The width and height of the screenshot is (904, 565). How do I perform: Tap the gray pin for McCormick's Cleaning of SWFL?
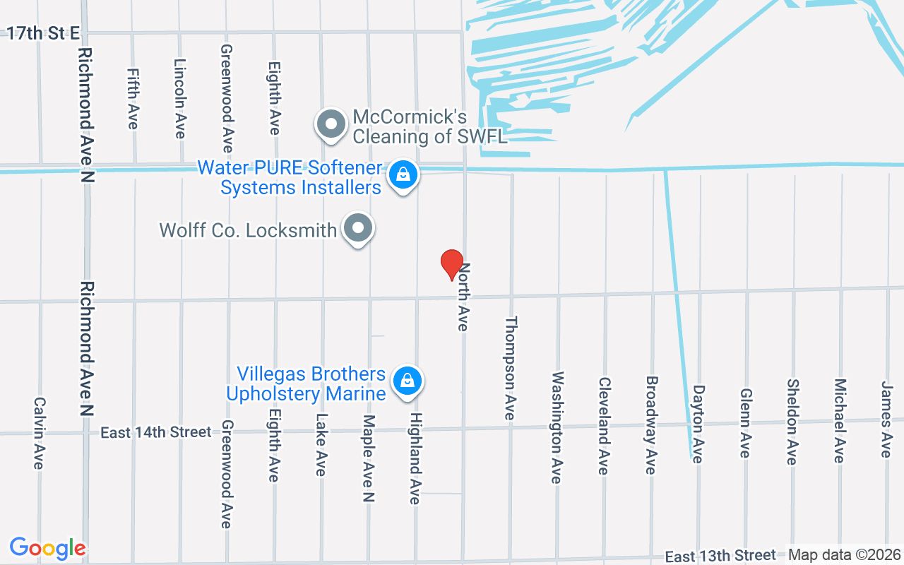(331, 124)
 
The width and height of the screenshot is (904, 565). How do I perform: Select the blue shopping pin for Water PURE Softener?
(403, 174)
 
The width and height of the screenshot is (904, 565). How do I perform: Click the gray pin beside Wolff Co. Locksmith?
(359, 228)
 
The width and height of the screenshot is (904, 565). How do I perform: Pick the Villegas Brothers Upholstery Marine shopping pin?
(407, 381)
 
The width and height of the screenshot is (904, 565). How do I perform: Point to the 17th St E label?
(43, 33)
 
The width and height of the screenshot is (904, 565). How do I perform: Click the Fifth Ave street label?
(133, 99)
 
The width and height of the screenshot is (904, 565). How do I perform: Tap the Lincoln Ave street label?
(180, 98)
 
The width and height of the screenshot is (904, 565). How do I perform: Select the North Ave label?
(464, 297)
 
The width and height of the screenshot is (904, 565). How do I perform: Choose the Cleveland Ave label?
(604, 425)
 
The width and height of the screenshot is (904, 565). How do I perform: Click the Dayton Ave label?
(698, 424)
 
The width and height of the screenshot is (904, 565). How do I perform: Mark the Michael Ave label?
(839, 421)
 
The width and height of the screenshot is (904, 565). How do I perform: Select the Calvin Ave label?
(39, 432)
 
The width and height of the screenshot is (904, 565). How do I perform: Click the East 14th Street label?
(155, 432)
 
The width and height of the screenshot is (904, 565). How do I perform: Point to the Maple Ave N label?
(368, 458)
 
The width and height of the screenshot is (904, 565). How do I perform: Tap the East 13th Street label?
(720, 556)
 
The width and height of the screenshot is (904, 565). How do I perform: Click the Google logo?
(47, 548)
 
